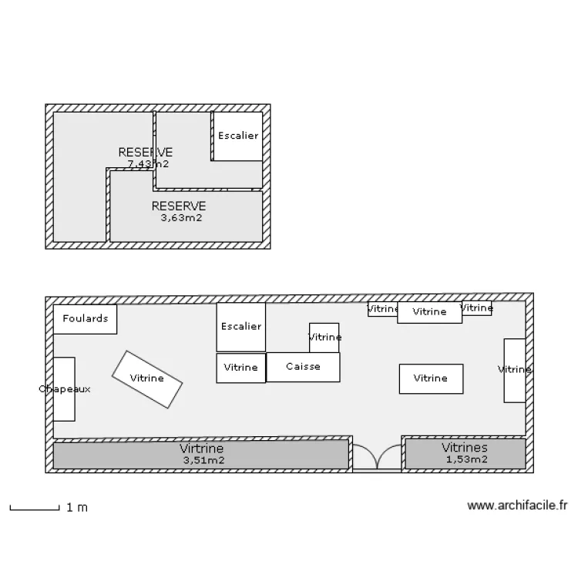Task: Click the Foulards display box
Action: click(85, 319)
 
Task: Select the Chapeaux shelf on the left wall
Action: click(64, 389)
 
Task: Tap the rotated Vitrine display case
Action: click(147, 378)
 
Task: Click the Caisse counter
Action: click(303, 367)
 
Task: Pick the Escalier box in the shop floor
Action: click(240, 327)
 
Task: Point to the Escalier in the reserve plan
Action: click(237, 136)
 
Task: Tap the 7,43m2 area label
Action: click(148, 163)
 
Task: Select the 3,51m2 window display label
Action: click(203, 461)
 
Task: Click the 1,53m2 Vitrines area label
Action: click(465, 460)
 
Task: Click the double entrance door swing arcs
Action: click(377, 455)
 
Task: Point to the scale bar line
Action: click(35, 509)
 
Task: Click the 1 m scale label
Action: click(77, 507)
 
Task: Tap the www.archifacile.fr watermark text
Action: click(517, 506)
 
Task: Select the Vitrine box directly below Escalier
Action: click(240, 368)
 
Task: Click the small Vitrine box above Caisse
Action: click(324, 338)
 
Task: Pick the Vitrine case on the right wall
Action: click(514, 370)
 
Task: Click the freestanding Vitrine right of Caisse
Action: click(430, 378)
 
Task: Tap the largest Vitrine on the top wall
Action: click(429, 312)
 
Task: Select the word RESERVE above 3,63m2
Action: click(179, 206)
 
